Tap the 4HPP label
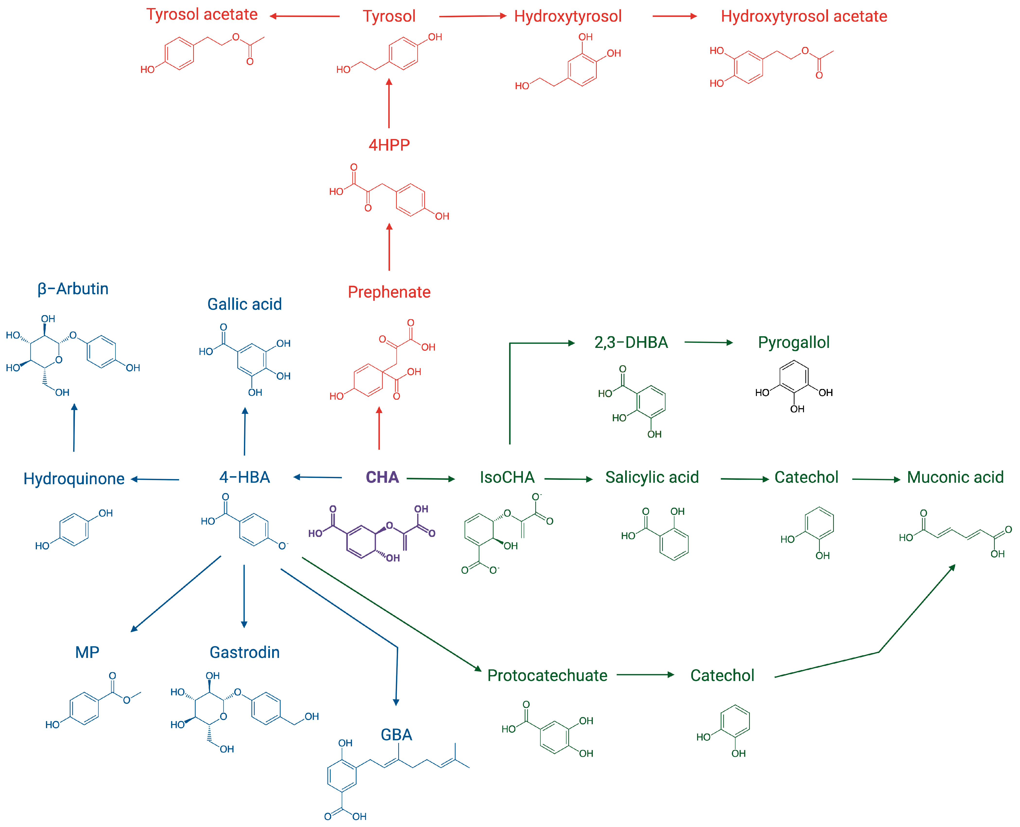pos(389,145)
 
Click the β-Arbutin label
pos(73,289)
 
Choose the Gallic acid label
pos(244,304)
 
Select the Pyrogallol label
pos(794,343)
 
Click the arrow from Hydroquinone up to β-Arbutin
pos(74,427)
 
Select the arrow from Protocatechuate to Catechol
pos(646,675)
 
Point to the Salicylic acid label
pos(652,477)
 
